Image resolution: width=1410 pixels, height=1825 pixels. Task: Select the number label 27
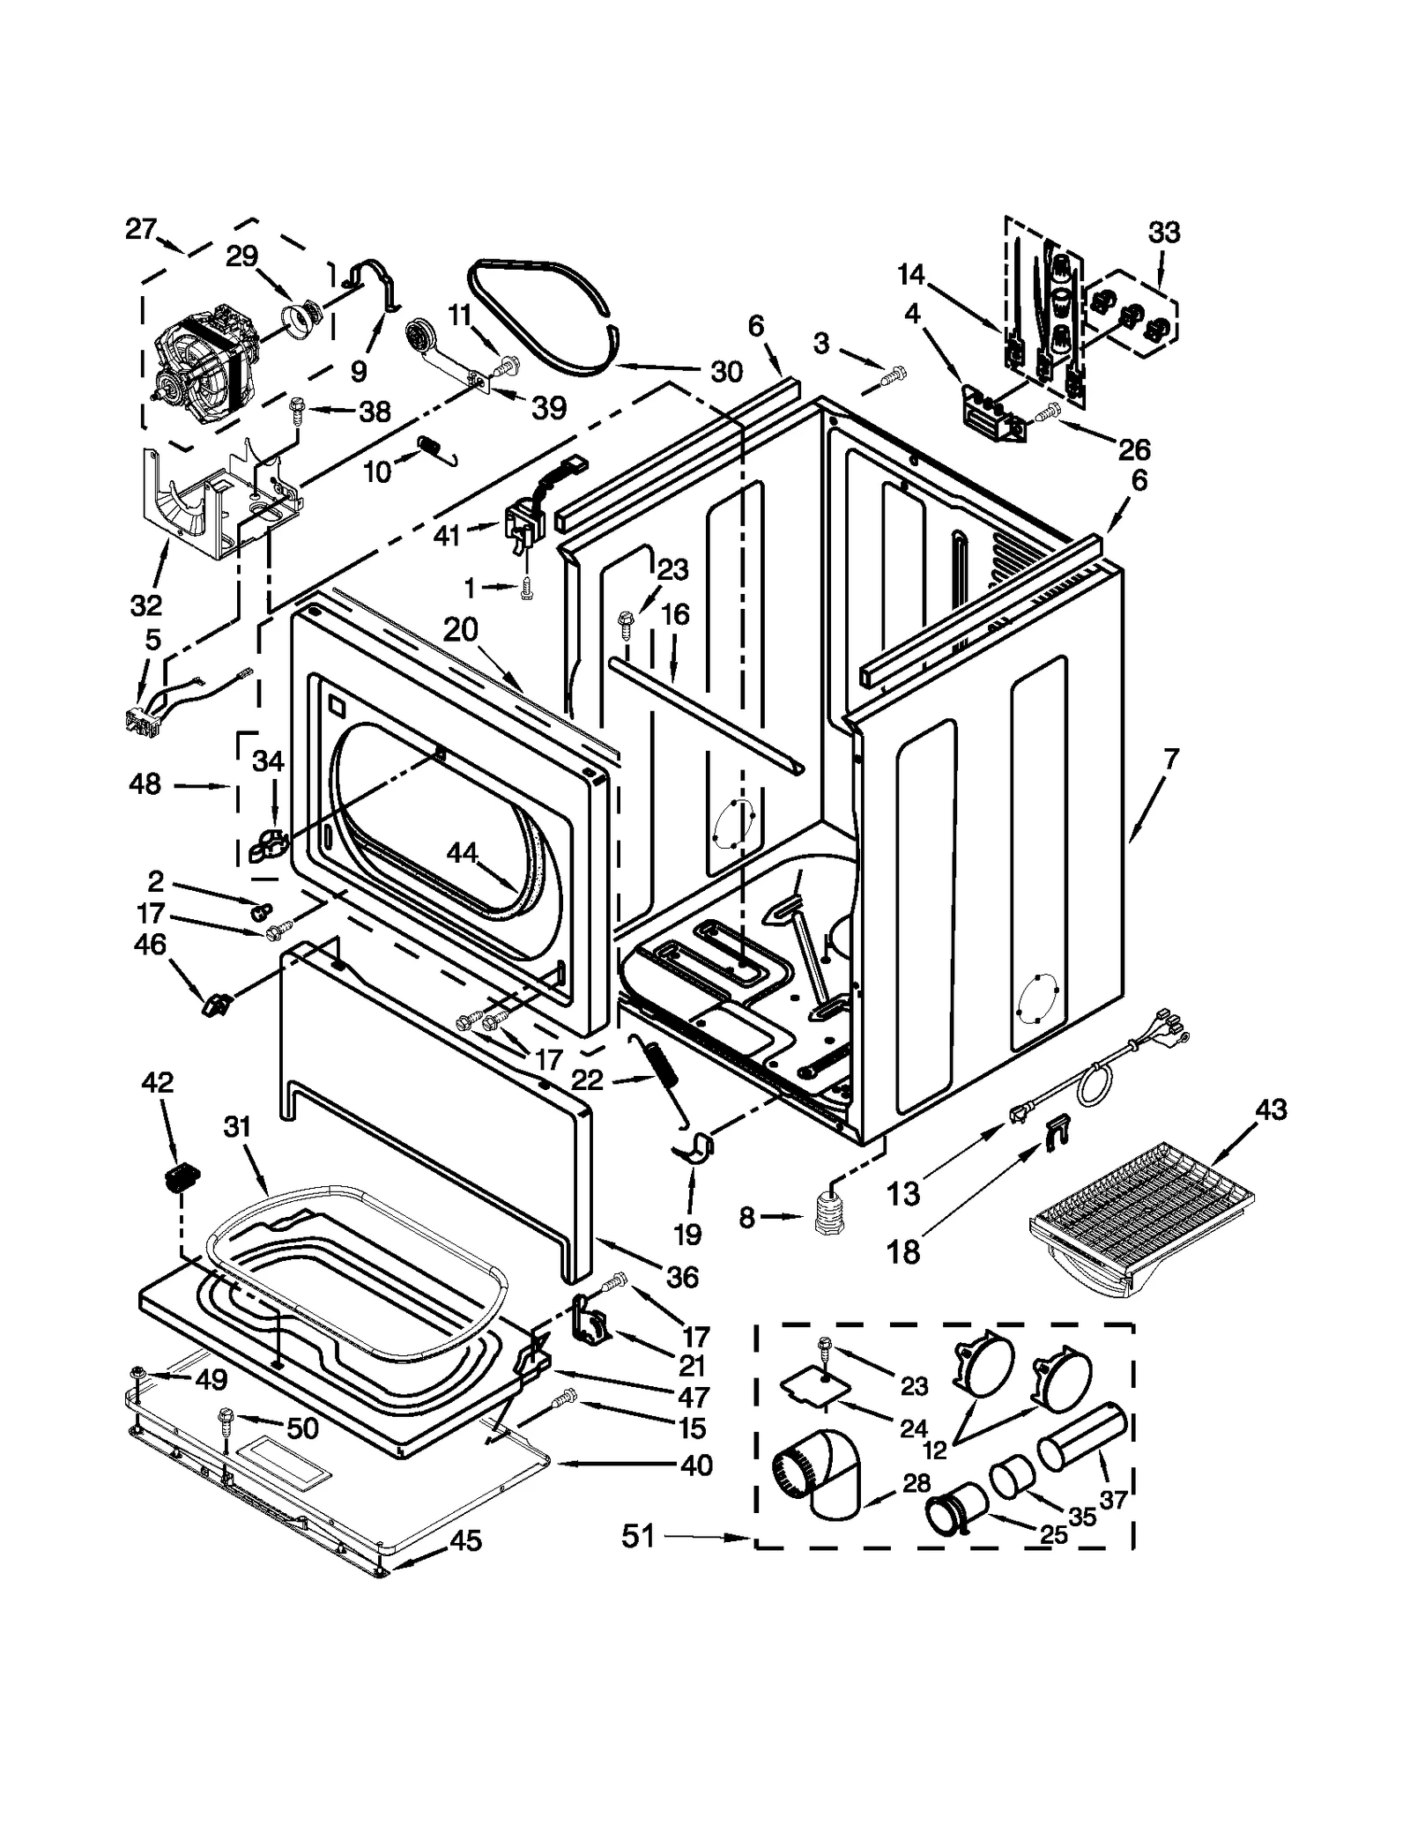[140, 229]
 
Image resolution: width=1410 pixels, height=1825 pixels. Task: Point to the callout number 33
[1163, 234]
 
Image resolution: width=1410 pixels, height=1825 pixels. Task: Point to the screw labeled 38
[296, 407]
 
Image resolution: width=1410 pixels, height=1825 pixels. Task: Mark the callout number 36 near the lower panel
[683, 1276]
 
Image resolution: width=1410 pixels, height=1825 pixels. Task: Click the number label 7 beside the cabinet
[1170, 757]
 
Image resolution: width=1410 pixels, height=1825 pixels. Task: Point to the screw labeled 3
[891, 378]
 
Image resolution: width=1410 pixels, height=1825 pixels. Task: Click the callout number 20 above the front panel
[460, 629]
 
